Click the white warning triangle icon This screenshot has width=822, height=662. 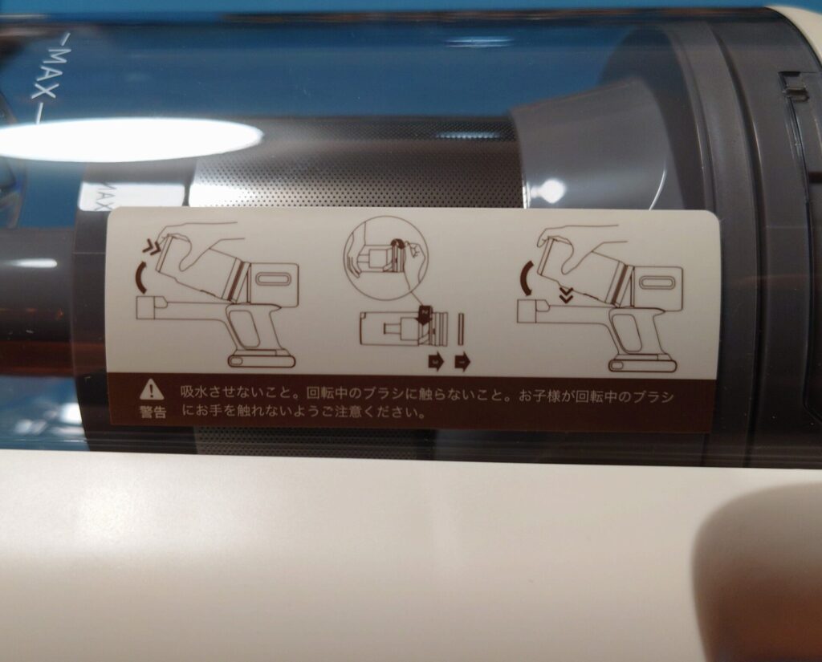152,389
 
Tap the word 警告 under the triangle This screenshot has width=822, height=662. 153,412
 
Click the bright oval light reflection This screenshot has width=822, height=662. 128,138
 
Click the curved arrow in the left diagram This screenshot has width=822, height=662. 140,278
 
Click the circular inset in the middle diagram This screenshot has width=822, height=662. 385,258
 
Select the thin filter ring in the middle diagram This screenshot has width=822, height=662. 462,329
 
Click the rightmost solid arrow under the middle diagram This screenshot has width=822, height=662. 462,362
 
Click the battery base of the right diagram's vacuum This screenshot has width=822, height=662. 642,363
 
